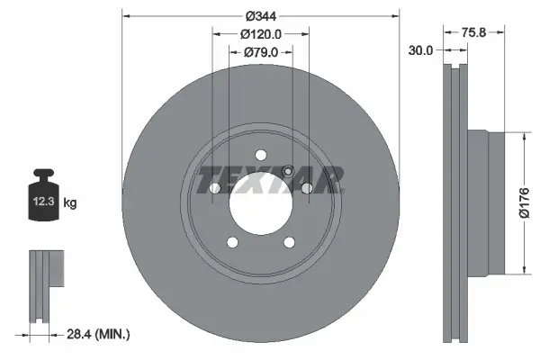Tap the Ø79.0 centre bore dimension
pos(260,52)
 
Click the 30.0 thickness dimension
pos(420,51)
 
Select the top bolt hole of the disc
pos(260,154)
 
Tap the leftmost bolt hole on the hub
pos(214,188)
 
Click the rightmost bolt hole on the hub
pos(306,188)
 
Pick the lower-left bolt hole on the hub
pos(231,241)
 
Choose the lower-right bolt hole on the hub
pos(289,241)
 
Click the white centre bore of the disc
pos(260,205)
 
